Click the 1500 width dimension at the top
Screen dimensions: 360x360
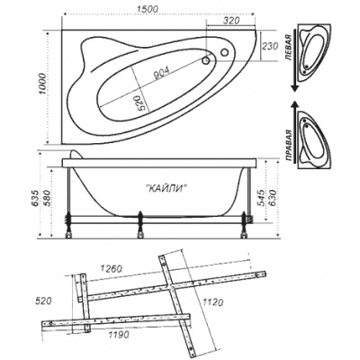[x=147, y=9]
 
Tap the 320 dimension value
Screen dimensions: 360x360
[x=231, y=21]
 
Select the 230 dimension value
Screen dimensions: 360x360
[x=269, y=47]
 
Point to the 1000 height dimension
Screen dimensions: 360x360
[x=43, y=84]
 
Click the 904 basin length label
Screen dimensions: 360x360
[x=161, y=73]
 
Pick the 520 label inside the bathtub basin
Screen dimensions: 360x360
[x=142, y=103]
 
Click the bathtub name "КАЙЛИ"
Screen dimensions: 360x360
[x=167, y=188]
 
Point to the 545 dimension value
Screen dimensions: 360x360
[x=261, y=197]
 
